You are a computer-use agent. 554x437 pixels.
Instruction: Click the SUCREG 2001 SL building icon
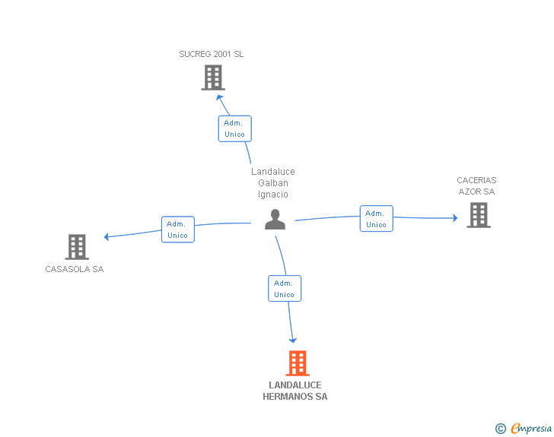point(213,78)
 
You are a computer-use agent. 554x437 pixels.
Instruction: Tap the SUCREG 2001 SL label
point(212,54)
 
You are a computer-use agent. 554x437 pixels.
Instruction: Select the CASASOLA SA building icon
point(77,247)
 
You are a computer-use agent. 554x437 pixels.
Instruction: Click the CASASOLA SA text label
point(75,269)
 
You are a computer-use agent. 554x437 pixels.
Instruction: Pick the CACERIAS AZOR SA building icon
point(479,215)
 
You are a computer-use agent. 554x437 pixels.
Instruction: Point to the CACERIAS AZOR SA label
point(476,186)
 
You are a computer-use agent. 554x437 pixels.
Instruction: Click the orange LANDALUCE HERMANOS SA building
point(298,363)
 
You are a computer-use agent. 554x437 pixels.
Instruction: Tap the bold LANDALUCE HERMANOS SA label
point(295,391)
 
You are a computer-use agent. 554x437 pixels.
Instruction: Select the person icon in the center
point(275,220)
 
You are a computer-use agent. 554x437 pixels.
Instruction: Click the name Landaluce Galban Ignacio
point(273,183)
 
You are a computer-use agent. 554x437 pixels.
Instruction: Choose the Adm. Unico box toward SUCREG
point(235,128)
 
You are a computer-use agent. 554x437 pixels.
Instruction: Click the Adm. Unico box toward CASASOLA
point(178,230)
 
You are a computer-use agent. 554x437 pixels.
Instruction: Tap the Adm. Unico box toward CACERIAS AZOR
point(377,219)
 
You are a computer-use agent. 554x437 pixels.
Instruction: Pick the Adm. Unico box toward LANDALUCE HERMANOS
point(285,288)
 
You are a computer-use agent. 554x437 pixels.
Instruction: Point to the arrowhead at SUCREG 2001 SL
point(219,97)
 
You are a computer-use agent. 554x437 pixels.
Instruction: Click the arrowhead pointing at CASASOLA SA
point(107,236)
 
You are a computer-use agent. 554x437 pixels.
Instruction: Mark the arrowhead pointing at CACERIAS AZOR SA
point(455,218)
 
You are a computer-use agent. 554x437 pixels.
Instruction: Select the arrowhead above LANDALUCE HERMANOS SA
point(292,340)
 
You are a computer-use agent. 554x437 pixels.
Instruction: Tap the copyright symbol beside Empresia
point(501,429)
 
